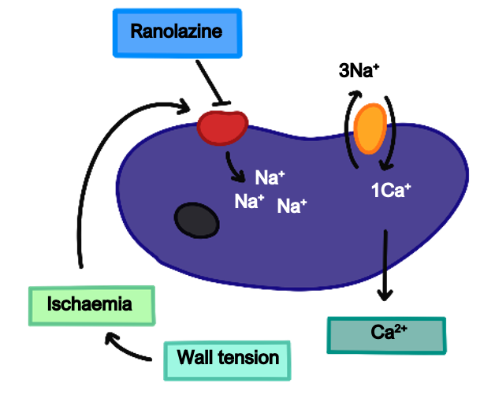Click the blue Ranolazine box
[x=177, y=32]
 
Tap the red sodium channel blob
[x=221, y=127]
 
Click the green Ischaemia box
[x=90, y=304]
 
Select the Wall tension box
[x=228, y=359]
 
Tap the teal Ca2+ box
[x=385, y=333]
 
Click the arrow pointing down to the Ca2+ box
[x=384, y=264]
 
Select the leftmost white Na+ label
[x=249, y=201]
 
